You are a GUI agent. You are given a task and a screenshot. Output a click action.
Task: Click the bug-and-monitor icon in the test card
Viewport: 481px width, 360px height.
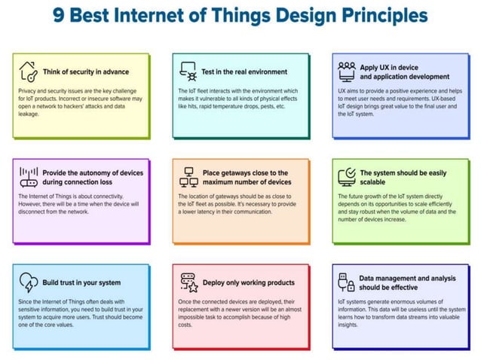(188, 72)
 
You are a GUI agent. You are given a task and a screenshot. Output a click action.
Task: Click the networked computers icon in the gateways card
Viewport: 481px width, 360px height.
(188, 177)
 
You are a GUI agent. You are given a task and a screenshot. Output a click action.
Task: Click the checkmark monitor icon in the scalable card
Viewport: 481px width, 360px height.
(347, 177)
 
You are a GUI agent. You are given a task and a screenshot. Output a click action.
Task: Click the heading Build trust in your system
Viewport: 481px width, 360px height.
(81, 283)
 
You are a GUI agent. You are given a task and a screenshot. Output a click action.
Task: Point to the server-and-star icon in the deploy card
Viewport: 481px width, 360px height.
(188, 282)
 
